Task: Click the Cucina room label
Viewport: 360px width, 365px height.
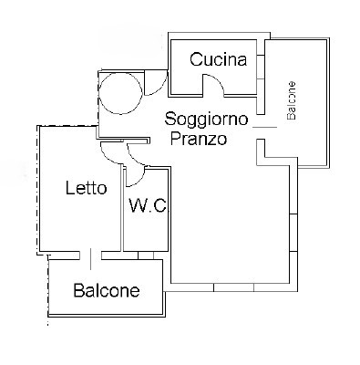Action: [x=218, y=59]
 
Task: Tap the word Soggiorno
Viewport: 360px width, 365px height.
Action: [x=206, y=119]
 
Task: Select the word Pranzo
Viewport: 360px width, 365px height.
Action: [x=199, y=139]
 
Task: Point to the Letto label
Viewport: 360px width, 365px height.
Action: [x=87, y=188]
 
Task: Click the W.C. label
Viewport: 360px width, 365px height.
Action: [x=148, y=205]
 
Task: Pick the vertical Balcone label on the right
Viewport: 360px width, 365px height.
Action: [x=292, y=100]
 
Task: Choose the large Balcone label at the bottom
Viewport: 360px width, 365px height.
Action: [x=107, y=290]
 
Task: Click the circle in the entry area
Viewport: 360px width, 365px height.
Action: [x=120, y=93]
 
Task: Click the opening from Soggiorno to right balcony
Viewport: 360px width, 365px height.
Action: [x=265, y=127]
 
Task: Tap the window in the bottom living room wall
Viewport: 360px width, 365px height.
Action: [x=233, y=287]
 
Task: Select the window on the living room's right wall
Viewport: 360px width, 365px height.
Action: [x=293, y=233]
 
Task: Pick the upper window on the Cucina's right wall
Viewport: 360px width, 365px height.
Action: [x=261, y=67]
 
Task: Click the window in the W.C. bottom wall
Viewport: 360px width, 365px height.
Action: [x=146, y=255]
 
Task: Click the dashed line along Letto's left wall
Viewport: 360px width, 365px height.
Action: [x=38, y=190]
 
